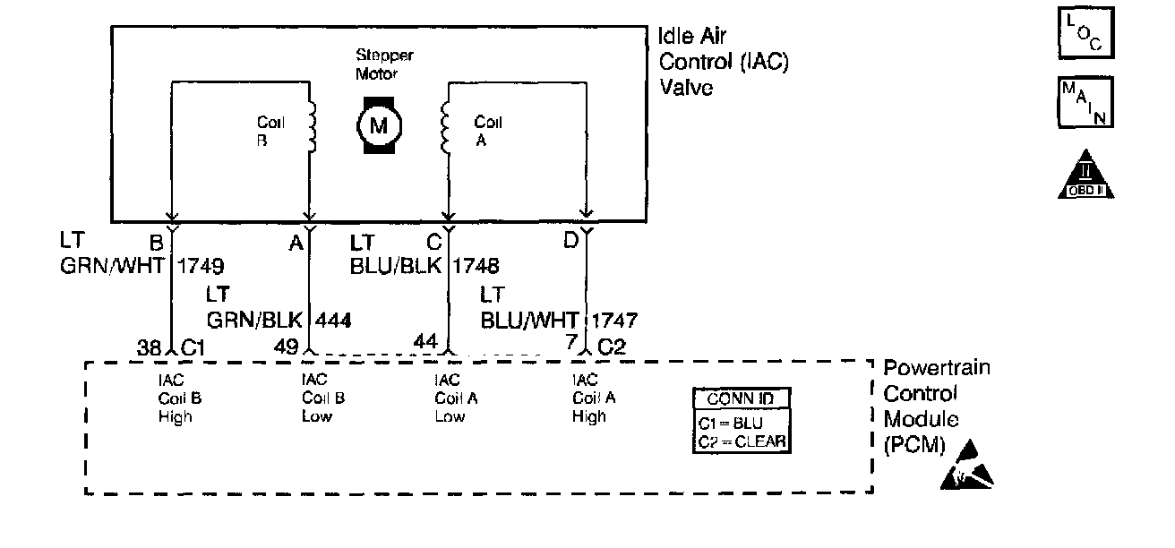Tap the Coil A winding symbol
pyautogui.click(x=445, y=126)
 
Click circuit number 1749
pyautogui.click(x=201, y=265)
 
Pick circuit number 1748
pyautogui.click(x=476, y=265)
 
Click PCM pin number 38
pyautogui.click(x=150, y=347)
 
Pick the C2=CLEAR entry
pyautogui.click(x=742, y=441)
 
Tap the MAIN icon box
pyautogui.click(x=1085, y=102)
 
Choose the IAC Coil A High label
pyautogui.click(x=590, y=398)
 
